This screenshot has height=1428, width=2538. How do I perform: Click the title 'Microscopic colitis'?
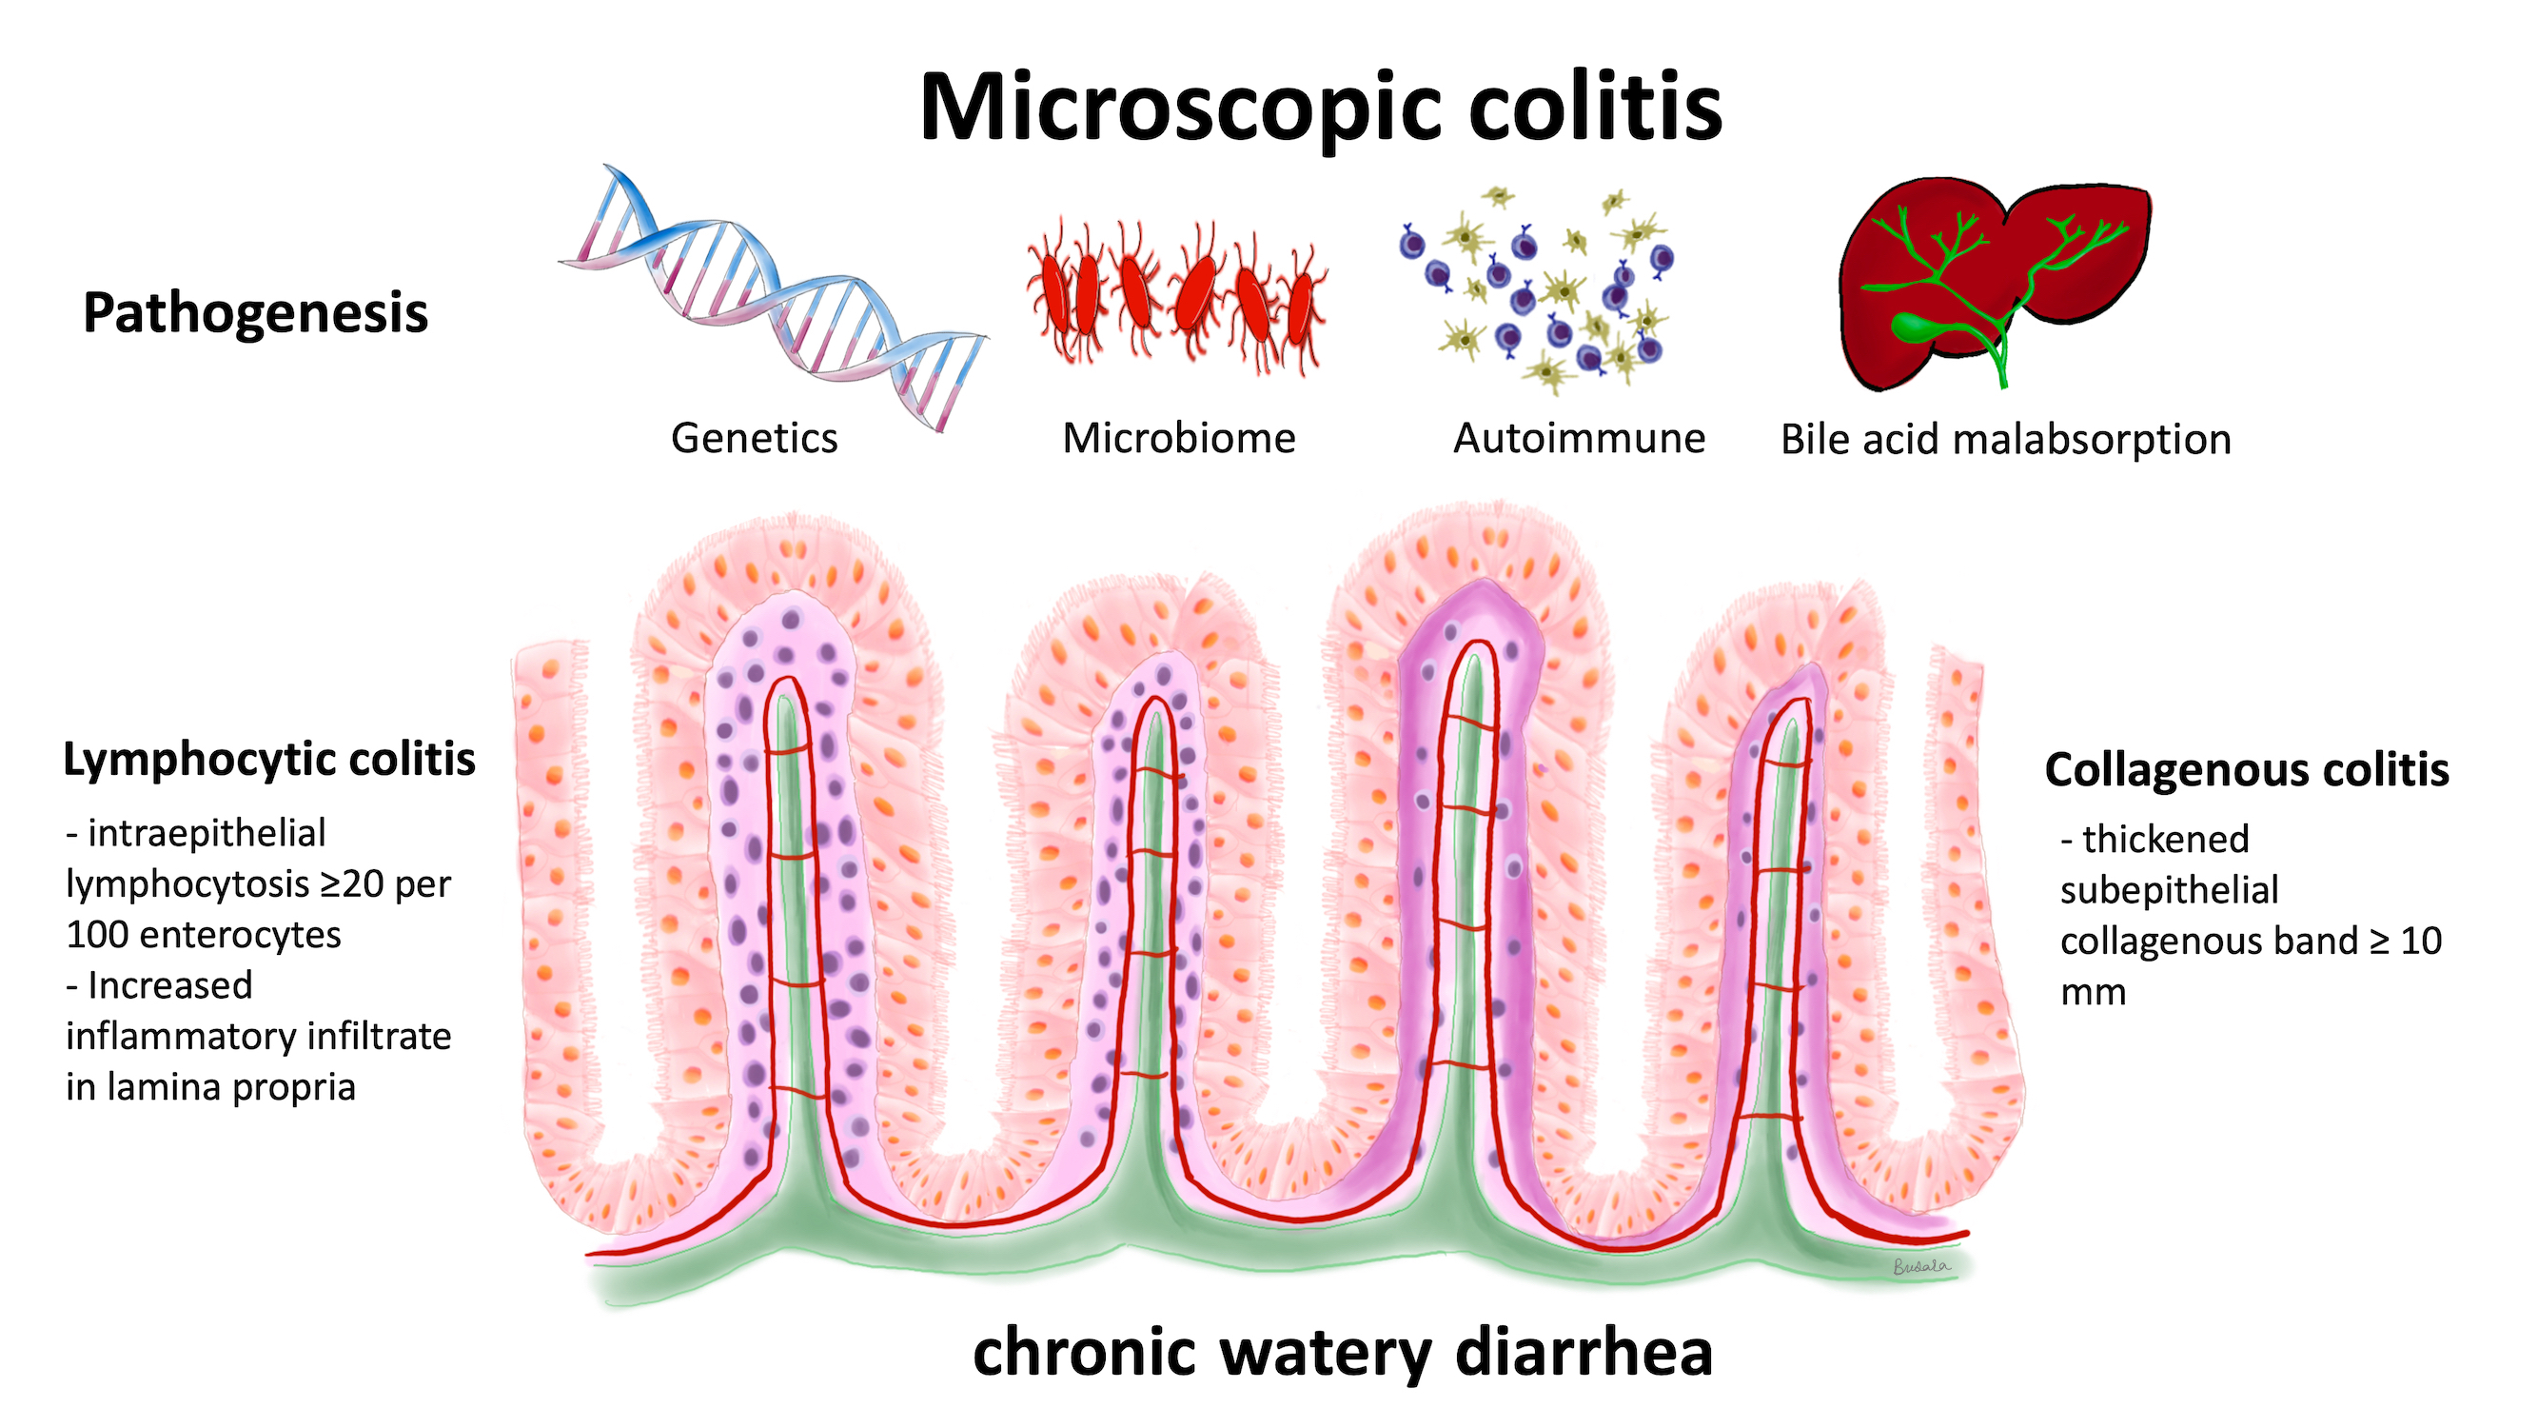pyautogui.click(x=1320, y=109)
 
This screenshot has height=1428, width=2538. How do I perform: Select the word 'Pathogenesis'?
pyautogui.click(x=255, y=314)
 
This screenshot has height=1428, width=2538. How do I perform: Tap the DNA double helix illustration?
pyautogui.click(x=774, y=297)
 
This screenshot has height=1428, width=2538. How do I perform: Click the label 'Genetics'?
pyautogui.click(x=754, y=438)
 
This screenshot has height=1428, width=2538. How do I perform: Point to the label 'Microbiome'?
pyautogui.click(x=1178, y=438)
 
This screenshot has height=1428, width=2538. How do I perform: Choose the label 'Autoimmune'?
pyautogui.click(x=1580, y=438)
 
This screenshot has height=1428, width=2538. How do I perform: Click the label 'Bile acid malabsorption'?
pyautogui.click(x=2006, y=440)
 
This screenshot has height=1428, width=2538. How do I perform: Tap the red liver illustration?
pyautogui.click(x=1996, y=285)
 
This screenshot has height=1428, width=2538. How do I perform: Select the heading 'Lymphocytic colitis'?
pyautogui.click(x=269, y=760)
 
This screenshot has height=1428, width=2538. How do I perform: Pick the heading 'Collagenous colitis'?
pyautogui.click(x=2247, y=769)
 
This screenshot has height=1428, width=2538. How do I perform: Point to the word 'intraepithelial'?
pyautogui.click(x=207, y=834)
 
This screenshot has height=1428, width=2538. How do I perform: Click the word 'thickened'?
pyautogui.click(x=2166, y=840)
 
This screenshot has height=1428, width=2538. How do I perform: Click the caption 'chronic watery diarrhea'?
pyautogui.click(x=1343, y=1352)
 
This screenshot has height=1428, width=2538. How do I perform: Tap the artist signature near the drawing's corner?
pyautogui.click(x=1921, y=1266)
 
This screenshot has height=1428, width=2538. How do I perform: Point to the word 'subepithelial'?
pyautogui.click(x=2170, y=891)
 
